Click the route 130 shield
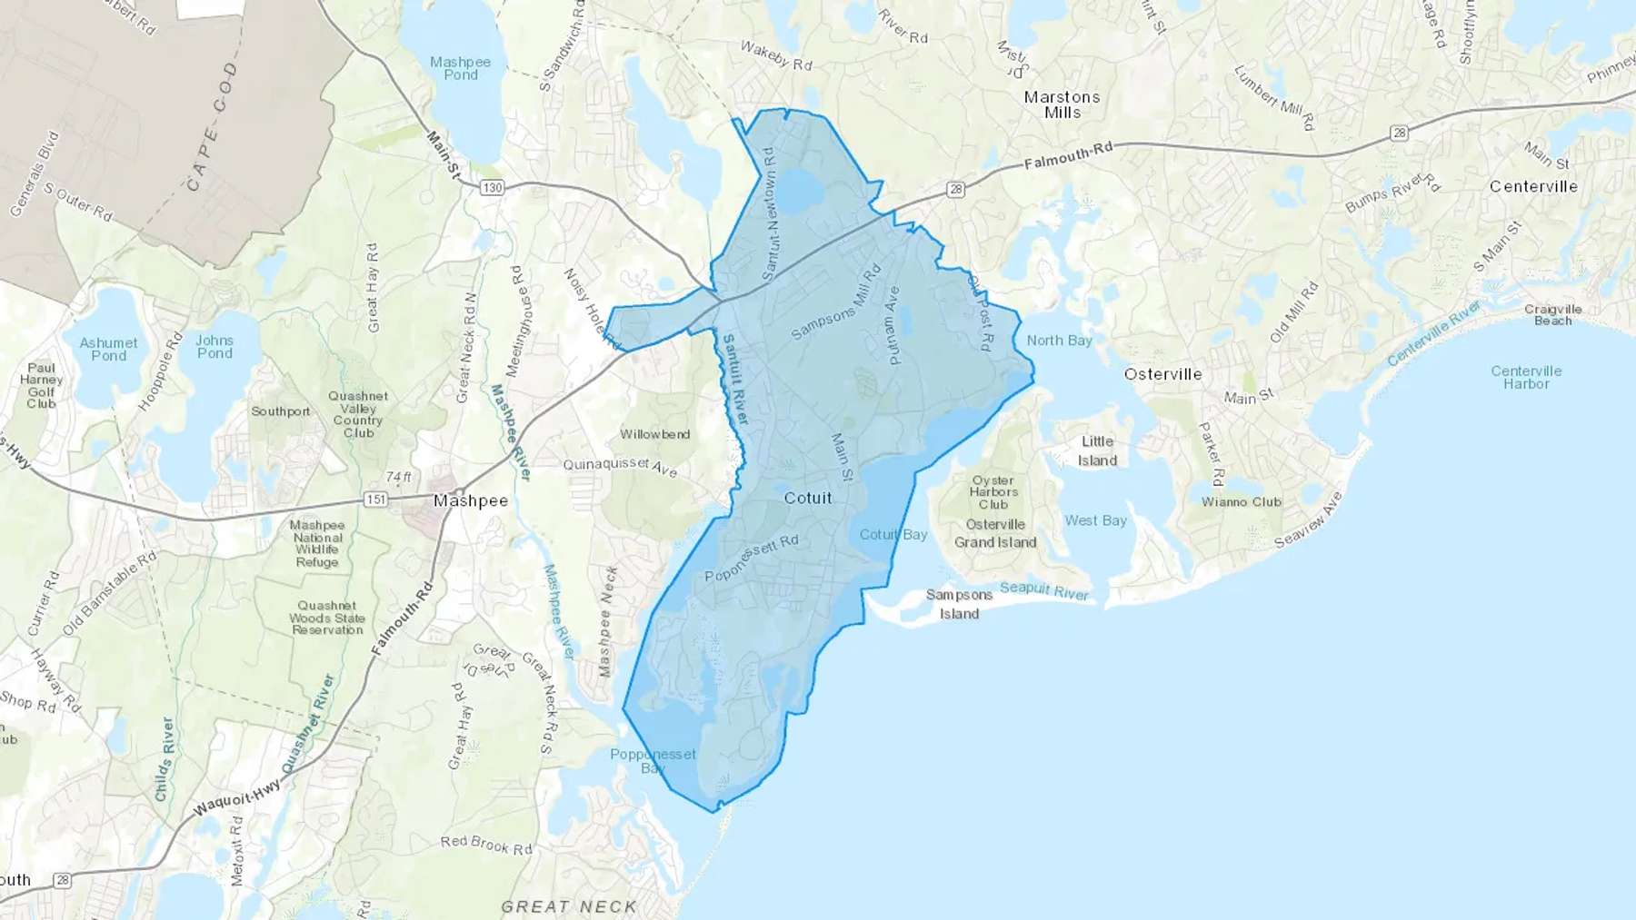[492, 187]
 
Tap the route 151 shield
[375, 500]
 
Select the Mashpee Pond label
[460, 68]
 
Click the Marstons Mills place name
[1062, 104]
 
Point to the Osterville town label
[1162, 374]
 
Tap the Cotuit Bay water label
[893, 534]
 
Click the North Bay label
[1059, 341]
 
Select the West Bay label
[1095, 520]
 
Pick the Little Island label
[1097, 450]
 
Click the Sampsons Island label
[959, 604]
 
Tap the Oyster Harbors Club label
[993, 492]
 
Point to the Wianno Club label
[1241, 501]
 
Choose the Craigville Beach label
[1552, 314]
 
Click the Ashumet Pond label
[108, 349]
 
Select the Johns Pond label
[214, 347]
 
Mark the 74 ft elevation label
[398, 477]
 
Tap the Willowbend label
[654, 434]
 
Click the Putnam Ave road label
[893, 325]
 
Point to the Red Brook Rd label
[486, 845]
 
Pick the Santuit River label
[733, 379]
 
